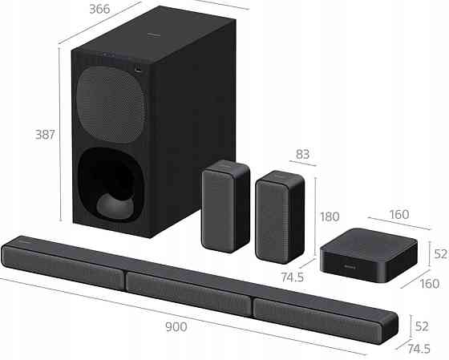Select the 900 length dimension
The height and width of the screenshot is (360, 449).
tap(176, 326)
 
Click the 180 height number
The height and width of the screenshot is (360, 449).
tap(330, 216)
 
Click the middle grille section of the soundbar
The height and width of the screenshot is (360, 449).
tap(189, 292)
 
